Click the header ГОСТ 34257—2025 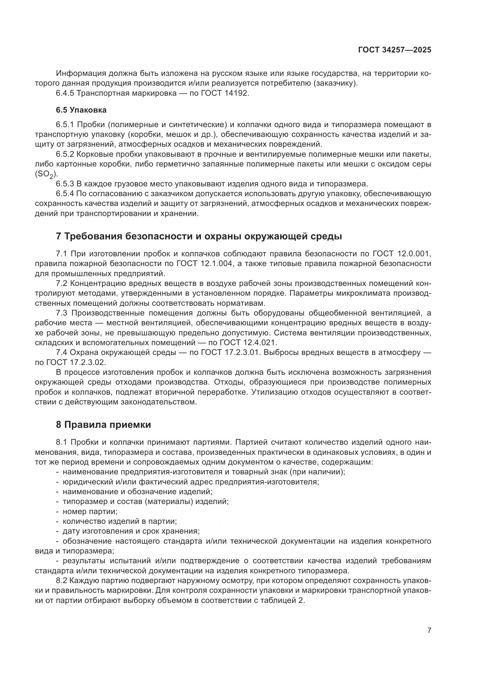pos(394,50)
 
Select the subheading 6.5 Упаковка pos(81,110)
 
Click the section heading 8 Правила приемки pos(103,425)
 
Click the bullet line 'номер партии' pos(90,512)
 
